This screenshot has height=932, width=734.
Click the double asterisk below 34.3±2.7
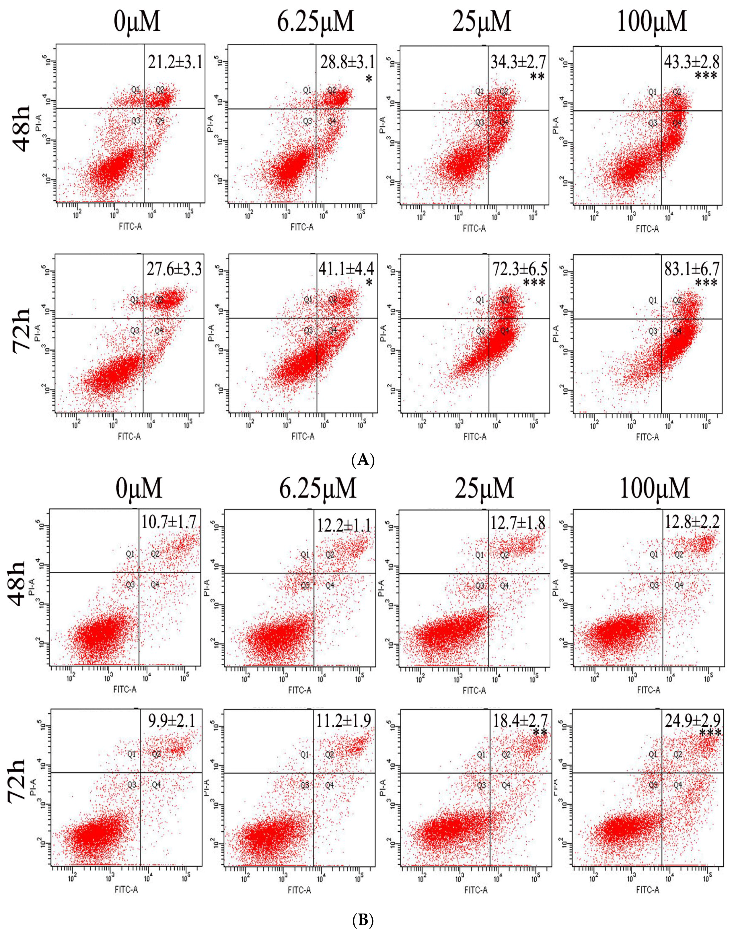(537, 77)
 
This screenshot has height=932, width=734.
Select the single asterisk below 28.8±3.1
(368, 78)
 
